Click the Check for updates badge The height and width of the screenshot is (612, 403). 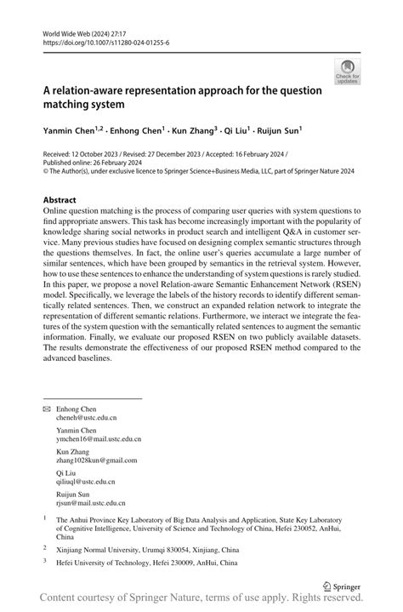[348, 71]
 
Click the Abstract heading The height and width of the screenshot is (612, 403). [65, 200]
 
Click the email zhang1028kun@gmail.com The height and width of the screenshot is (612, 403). [95, 460]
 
